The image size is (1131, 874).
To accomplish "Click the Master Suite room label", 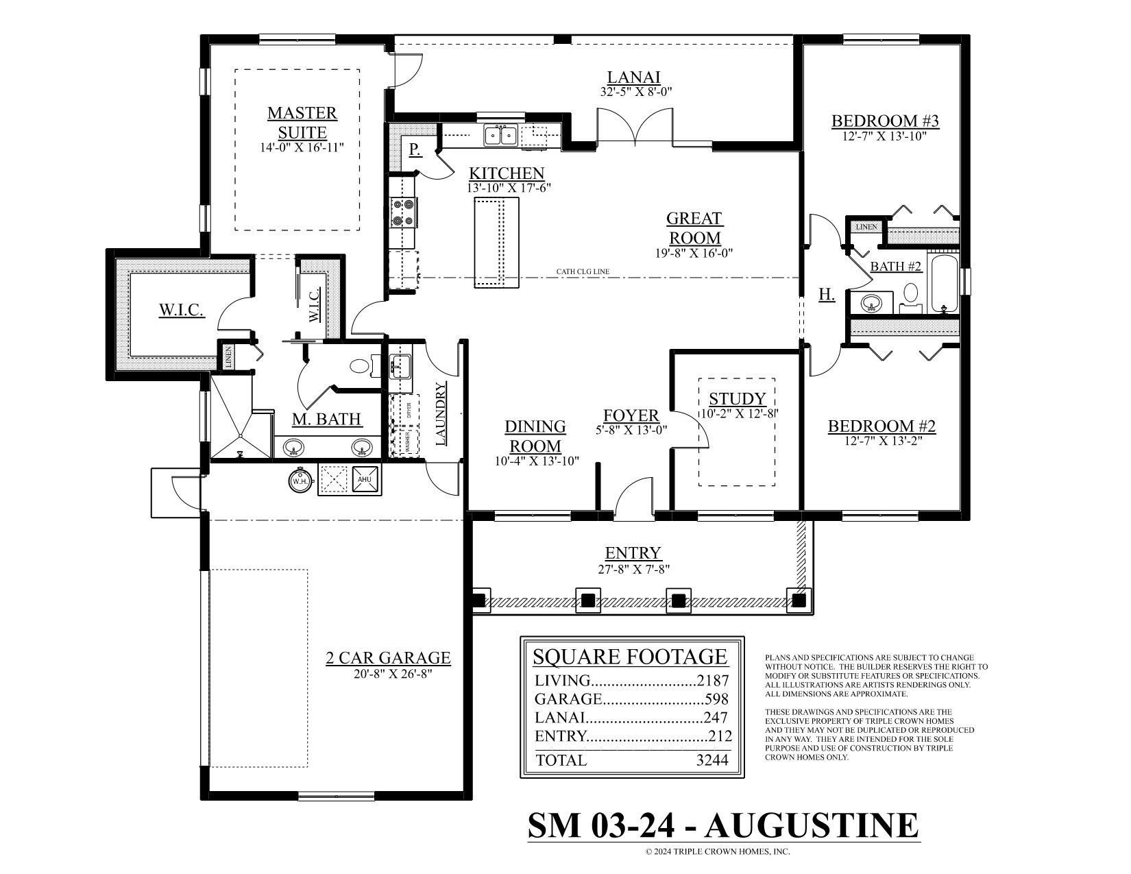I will pyautogui.click(x=302, y=122).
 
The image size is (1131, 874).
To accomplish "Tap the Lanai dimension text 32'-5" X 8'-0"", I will pyautogui.click(x=635, y=91).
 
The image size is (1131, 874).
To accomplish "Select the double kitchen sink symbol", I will pyautogui.click(x=500, y=135).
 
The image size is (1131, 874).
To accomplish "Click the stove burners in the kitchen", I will pyautogui.click(x=403, y=212).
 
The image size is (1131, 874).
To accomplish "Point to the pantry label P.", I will pyautogui.click(x=415, y=149).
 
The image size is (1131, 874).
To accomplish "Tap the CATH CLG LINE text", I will pyautogui.click(x=583, y=272).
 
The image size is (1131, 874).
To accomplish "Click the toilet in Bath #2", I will pyautogui.click(x=910, y=295).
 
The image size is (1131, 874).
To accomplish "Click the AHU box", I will pyautogui.click(x=365, y=479).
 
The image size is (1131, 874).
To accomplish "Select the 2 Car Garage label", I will pyautogui.click(x=388, y=659).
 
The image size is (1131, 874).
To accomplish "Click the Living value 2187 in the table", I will pyautogui.click(x=713, y=681).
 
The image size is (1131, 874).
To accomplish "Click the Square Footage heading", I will pyautogui.click(x=630, y=657).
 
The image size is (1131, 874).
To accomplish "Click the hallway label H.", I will pyautogui.click(x=827, y=295).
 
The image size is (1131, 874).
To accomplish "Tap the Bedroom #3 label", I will pyautogui.click(x=885, y=121).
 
